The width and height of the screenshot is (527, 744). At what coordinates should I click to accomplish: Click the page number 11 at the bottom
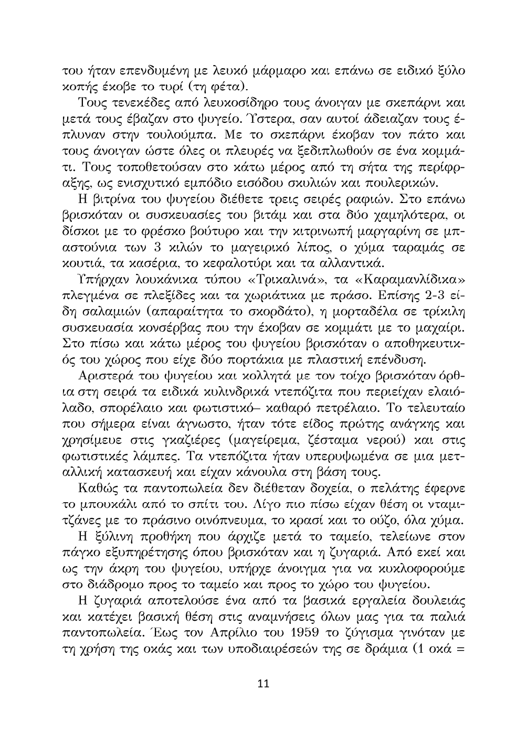coord(263,684)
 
